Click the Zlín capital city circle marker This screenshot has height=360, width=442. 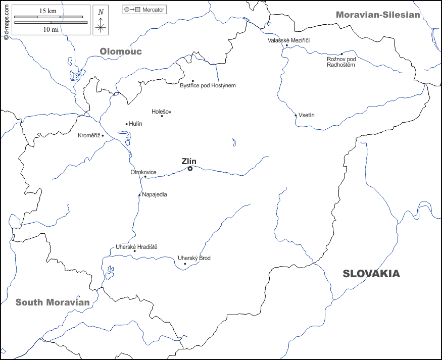pos(190,169)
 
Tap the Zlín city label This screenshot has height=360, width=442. pos(189,161)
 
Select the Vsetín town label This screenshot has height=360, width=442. pos(306,115)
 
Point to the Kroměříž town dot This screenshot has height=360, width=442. pos(103,135)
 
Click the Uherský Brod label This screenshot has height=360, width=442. pos(194,258)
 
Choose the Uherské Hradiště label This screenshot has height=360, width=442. pos(136,246)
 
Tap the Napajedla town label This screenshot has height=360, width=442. pos(155,194)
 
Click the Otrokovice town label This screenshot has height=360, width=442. pos(143,172)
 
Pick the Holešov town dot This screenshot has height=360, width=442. pos(162,116)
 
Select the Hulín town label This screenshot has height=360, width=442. pos(136,124)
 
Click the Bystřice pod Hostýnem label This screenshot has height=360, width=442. pos(208,85)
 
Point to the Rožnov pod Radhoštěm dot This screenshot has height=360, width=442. pos(341,54)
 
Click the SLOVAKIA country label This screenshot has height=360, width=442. pos(371,274)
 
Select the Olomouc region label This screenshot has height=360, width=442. pos(121,52)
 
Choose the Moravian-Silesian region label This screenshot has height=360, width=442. pos(378,15)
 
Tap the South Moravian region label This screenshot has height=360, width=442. pos(53,302)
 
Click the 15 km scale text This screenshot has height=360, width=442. pos(48,11)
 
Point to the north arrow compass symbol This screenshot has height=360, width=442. pos(101,21)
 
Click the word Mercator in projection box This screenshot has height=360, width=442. pos(153,10)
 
